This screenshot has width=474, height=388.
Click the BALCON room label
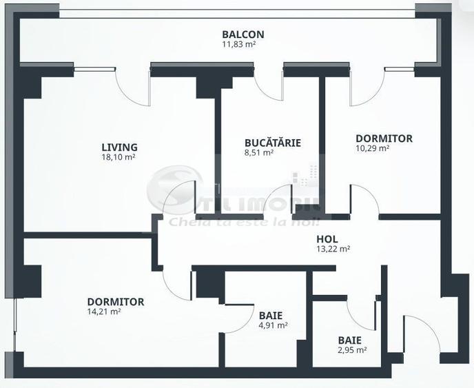coord(243,34)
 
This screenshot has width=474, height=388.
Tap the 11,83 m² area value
coord(243,44)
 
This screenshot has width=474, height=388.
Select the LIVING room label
coord(119,147)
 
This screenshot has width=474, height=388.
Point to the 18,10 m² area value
coord(119,156)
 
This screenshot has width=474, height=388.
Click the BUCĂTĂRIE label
coord(272,143)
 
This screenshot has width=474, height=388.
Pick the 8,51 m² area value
coord(259,152)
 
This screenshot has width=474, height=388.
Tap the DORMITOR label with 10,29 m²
coord(384,138)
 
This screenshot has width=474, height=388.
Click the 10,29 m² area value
coord(372,147)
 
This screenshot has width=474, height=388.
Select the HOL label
coord(326,238)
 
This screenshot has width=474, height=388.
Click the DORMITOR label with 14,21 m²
coord(115,302)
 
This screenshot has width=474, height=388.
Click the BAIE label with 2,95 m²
coord(349,340)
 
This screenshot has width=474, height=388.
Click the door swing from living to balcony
coord(131,88)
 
